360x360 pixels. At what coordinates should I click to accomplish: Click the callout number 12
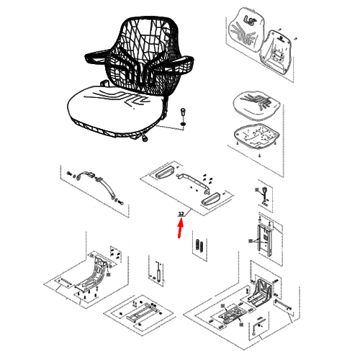coord(181,214)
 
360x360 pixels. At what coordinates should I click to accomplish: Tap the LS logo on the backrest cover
coord(250,19)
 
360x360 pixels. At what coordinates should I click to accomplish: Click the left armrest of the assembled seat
coord(96,58)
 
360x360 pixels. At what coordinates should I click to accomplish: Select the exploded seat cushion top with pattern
coord(257,105)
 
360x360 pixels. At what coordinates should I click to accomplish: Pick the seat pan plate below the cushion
coord(256,135)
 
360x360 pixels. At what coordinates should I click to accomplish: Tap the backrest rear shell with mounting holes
coord(276,53)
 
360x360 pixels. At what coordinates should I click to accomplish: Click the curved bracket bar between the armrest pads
coord(194,181)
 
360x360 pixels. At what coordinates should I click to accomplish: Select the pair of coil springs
coord(200,246)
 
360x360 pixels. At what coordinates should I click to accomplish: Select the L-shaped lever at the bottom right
coord(257,325)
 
